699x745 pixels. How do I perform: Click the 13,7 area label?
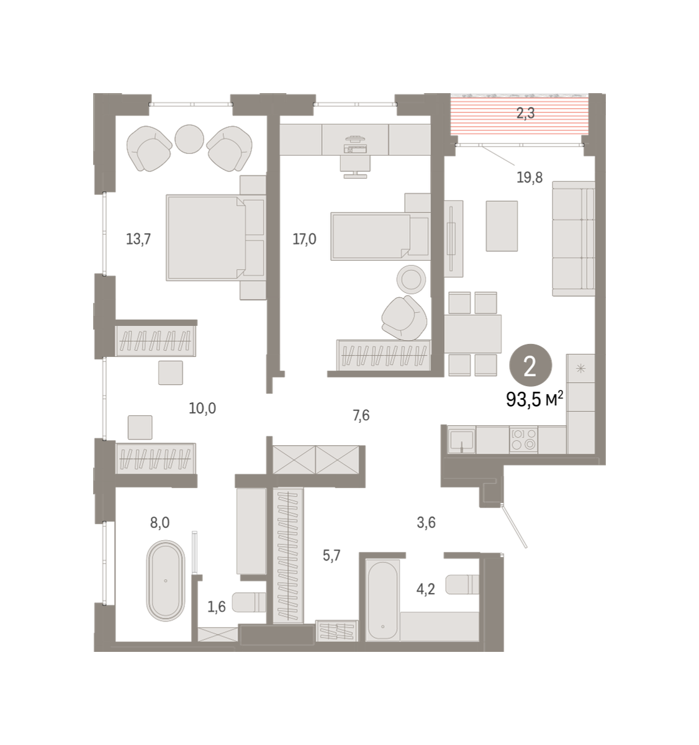(138, 239)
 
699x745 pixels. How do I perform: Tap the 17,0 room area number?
(304, 239)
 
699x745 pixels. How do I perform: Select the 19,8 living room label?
(530, 178)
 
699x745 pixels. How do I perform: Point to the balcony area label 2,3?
(525, 113)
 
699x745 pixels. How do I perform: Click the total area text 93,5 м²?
(534, 399)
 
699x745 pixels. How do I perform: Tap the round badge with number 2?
(531, 365)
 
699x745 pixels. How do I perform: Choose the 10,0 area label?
(202, 408)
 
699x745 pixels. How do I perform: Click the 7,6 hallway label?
(361, 415)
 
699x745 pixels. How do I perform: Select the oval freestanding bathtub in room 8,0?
(166, 580)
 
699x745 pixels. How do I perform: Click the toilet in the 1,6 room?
(249, 602)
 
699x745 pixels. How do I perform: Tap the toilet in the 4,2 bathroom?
(462, 584)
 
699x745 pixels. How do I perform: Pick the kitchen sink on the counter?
(461, 440)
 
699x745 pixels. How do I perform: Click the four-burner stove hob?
(524, 440)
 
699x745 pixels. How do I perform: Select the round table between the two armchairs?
(189, 139)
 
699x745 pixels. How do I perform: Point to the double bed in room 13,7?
(216, 237)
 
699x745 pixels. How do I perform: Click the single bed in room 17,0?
(381, 237)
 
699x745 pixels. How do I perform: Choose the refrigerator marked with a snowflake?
(580, 368)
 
